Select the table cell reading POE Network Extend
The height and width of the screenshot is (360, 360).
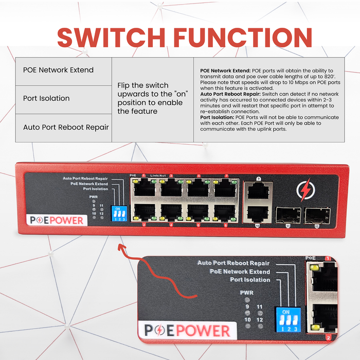tap(59, 70)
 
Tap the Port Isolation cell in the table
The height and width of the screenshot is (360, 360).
tap(46, 98)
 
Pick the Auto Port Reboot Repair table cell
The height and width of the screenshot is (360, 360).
tap(66, 127)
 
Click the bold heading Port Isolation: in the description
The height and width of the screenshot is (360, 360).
tap(217, 117)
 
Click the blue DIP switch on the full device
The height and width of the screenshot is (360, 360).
tap(119, 212)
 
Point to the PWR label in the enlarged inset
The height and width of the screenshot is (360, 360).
tap(246, 293)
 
